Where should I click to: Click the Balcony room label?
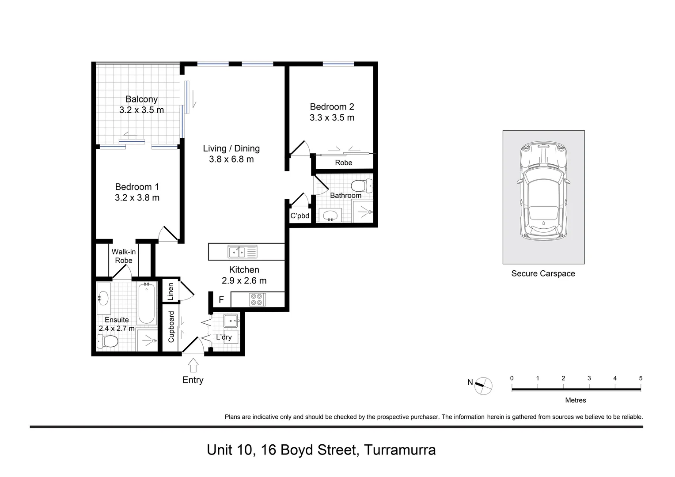coord(141,99)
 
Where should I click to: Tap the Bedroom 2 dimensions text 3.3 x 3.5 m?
coord(332,118)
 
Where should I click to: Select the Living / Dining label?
coord(231,148)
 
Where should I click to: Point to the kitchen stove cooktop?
coord(257,299)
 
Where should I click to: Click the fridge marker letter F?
coord(221,300)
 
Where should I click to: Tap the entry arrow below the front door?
coord(193,365)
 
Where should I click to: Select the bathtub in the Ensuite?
coord(146,303)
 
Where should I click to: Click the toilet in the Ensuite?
coord(108,341)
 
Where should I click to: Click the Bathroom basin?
coord(330,216)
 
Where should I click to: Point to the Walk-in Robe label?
coord(124,256)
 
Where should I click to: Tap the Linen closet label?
coord(171,291)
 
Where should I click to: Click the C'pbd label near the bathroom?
coord(300,216)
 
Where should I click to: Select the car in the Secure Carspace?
coord(543,191)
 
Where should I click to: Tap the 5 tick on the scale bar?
coord(641,379)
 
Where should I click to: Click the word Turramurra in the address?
coord(399,450)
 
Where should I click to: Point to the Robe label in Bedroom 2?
coord(343,163)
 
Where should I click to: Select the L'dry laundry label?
coord(224,337)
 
